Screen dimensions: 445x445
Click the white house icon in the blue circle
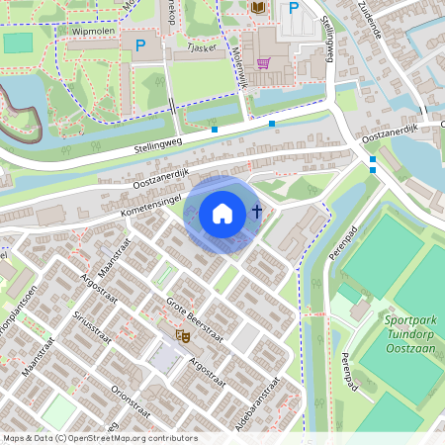(x=222, y=213)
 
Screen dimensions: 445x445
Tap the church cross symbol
(x=257, y=211)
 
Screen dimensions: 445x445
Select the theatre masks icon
(x=182, y=335)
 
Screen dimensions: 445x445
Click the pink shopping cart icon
(x=262, y=63)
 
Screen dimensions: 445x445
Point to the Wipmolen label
(x=94, y=32)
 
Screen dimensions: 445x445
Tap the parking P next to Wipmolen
(x=139, y=45)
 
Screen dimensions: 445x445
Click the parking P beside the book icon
(x=293, y=9)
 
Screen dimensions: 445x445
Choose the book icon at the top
(x=258, y=8)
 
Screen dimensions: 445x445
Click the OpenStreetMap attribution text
(x=99, y=438)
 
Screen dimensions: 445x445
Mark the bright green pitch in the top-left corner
(x=18, y=43)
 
